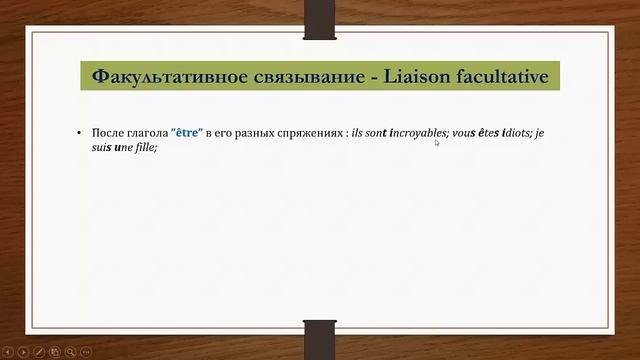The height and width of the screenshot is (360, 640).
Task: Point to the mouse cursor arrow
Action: coord(437,143)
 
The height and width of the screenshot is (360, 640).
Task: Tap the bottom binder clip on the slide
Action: coord(319,337)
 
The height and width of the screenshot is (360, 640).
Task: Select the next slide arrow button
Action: coord(25,352)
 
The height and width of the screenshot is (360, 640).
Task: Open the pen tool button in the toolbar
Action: coord(40,352)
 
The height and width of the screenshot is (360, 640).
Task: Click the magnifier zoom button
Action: coord(71,352)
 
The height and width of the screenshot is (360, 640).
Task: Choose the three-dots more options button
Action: coord(86,352)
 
